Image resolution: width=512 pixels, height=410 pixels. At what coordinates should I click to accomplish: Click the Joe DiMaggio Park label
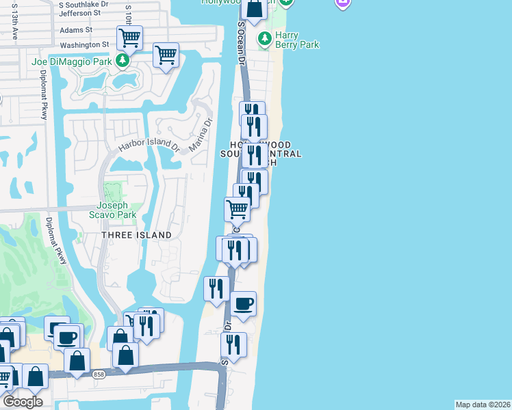pyautogui.click(x=71, y=61)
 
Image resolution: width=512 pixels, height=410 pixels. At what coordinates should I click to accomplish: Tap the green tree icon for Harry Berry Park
pyautogui.click(x=264, y=40)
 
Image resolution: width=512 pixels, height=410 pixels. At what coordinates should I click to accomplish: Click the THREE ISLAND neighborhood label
pyautogui.click(x=137, y=235)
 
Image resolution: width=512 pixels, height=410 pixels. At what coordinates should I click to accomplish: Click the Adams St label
pyautogui.click(x=75, y=30)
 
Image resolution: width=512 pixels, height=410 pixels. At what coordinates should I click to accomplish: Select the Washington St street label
pyautogui.click(x=84, y=44)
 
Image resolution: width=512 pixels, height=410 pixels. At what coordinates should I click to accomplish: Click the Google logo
pyautogui.click(x=23, y=402)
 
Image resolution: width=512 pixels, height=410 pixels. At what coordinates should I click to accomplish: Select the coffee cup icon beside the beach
pyautogui.click(x=242, y=304)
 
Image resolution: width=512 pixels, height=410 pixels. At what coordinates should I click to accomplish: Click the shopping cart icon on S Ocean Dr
pyautogui.click(x=237, y=209)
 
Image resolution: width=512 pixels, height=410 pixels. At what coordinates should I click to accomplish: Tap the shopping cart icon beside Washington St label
pyautogui.click(x=129, y=38)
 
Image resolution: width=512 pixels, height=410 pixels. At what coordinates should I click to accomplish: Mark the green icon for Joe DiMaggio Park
pyautogui.click(x=123, y=61)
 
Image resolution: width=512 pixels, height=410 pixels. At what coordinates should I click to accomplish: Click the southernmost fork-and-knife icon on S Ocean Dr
pyautogui.click(x=233, y=345)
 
